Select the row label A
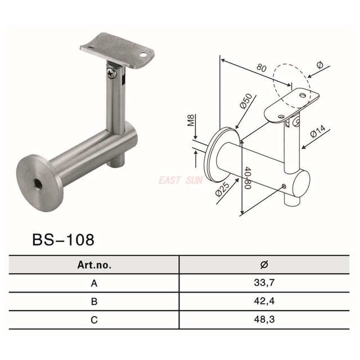[x=94, y=283]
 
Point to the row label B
[x=94, y=301]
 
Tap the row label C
[x=94, y=319]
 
